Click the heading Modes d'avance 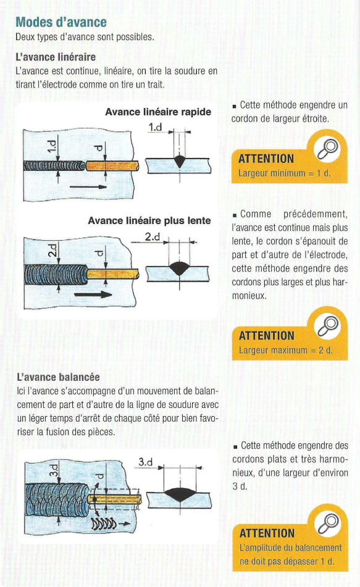point(61,22)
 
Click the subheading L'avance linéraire point(56,57)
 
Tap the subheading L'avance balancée point(59,377)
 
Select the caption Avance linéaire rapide point(158,112)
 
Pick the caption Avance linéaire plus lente point(149,220)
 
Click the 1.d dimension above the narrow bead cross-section point(155,127)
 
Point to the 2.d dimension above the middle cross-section point(153,237)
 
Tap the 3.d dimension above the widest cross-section point(145,462)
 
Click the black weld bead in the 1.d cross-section point(180,161)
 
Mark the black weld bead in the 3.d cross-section point(180,493)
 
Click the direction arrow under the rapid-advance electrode point(88,186)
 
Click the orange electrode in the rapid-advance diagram point(112,165)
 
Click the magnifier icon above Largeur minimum point(328,148)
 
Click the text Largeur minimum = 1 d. point(284,173)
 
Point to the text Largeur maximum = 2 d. point(285,351)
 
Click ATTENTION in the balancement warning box point(267,533)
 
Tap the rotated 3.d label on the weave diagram point(54,470)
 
